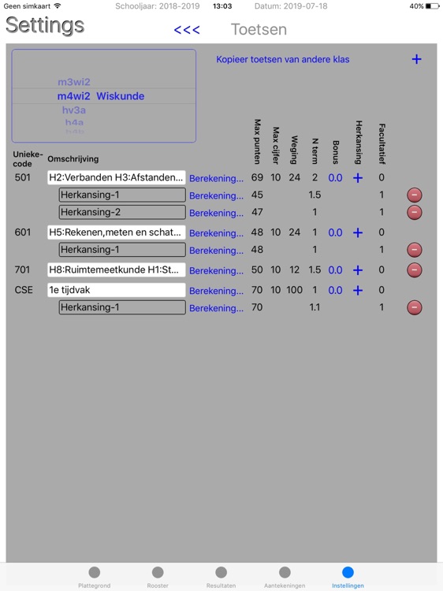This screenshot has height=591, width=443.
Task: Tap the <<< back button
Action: pyautogui.click(x=187, y=31)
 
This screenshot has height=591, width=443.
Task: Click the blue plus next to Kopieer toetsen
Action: pyautogui.click(x=416, y=59)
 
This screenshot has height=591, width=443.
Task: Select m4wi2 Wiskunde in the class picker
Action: pyautogui.click(x=101, y=96)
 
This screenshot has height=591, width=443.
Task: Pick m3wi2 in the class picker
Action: pyautogui.click(x=74, y=82)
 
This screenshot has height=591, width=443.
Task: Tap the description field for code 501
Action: pyautogui.click(x=116, y=177)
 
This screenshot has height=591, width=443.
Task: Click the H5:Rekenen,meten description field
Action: pyautogui.click(x=116, y=232)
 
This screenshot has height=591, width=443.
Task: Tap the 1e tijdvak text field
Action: pyautogui.click(x=116, y=290)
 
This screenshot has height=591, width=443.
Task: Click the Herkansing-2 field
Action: pyautogui.click(x=122, y=212)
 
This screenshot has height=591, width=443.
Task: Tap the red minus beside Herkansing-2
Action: pyautogui.click(x=415, y=212)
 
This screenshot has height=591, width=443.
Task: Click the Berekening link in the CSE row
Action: pyautogui.click(x=216, y=291)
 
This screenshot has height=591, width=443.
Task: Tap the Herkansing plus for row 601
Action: pyautogui.click(x=358, y=232)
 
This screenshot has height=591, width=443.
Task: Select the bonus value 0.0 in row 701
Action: pyautogui.click(x=335, y=270)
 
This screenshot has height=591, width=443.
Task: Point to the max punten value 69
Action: pyautogui.click(x=257, y=178)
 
